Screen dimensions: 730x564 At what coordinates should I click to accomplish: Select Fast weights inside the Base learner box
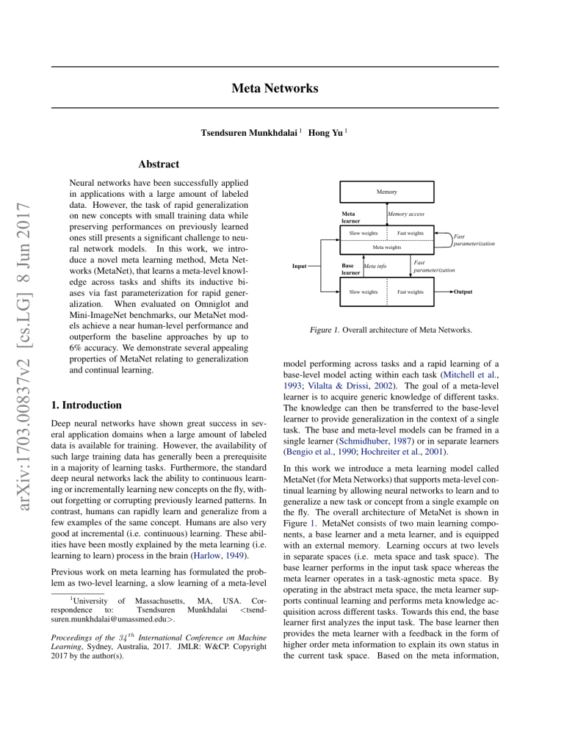[410, 292]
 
